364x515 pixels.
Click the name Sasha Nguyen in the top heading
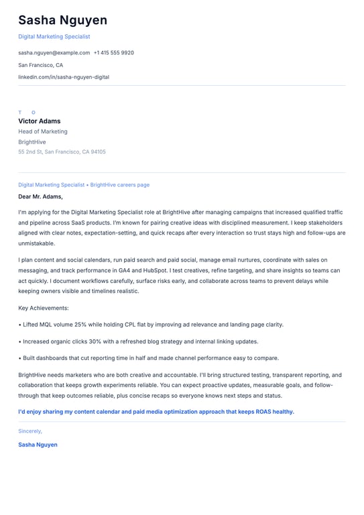tap(62, 20)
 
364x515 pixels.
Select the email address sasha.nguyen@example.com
tap(54, 52)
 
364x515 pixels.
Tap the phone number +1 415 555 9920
tap(114, 52)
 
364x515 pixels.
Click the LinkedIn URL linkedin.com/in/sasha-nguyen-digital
tap(64, 77)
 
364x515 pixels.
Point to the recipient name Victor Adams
tap(40, 121)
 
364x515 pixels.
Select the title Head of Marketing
tap(43, 131)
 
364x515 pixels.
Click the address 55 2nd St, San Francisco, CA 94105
tap(62, 152)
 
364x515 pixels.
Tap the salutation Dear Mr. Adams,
tap(40, 196)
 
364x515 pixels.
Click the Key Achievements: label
tap(44, 308)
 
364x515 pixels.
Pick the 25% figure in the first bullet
tap(80, 325)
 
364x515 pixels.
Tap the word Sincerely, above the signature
tap(30, 431)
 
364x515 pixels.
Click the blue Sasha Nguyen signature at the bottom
tap(38, 445)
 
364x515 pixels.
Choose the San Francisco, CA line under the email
tap(40, 65)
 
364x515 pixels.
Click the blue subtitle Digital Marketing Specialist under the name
tap(54, 37)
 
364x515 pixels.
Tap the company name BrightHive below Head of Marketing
tap(32, 142)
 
